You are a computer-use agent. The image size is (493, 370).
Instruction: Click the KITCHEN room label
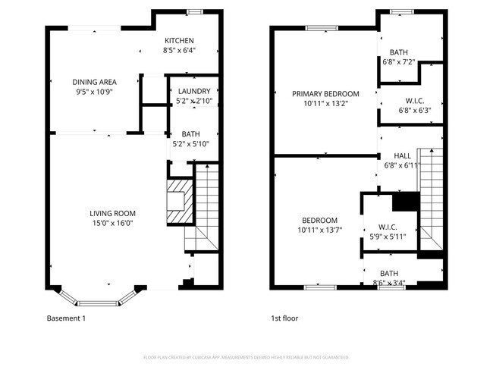point(178,41)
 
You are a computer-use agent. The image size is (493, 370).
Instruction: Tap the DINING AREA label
point(94,82)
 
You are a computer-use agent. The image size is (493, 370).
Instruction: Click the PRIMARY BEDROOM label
point(325,94)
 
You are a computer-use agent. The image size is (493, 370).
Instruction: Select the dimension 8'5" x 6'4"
point(178,51)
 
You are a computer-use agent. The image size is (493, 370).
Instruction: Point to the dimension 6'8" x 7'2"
point(398,62)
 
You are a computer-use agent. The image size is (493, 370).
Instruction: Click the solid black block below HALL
point(405,201)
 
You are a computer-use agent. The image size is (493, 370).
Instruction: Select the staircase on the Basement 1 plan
point(203,208)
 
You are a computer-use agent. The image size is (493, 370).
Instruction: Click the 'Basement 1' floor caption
point(66,318)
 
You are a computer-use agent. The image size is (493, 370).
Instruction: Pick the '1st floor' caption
point(285,318)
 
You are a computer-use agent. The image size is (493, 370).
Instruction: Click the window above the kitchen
point(195,11)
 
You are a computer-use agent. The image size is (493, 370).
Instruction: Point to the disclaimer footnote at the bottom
point(246,357)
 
